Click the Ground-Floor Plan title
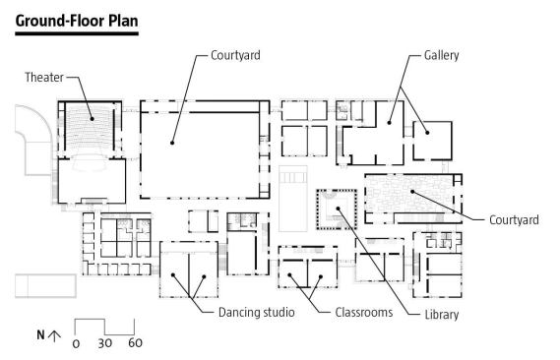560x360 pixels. pos(77,21)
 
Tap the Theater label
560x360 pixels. pos(44,77)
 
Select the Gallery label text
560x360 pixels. pos(442,55)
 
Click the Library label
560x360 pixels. pos(442,315)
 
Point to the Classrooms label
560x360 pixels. pos(364,312)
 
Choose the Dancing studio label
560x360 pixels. pos(257,312)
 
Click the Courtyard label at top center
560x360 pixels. pos(235,55)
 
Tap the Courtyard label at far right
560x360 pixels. pos(514,219)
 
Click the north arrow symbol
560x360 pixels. pos(54,335)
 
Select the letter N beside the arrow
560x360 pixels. pos(40,335)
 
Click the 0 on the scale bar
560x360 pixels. pos(76,343)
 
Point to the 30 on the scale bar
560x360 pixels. pos(105,343)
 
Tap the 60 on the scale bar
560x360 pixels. pos(136,343)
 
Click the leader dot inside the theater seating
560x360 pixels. pos(92,119)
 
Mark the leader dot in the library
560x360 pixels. pos(338,209)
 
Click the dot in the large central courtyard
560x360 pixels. pos(172,143)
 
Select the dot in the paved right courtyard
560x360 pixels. pos(412,192)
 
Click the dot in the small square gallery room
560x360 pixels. pos(427,133)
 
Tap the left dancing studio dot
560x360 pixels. pos(173,275)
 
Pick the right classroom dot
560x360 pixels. pos(321,276)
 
